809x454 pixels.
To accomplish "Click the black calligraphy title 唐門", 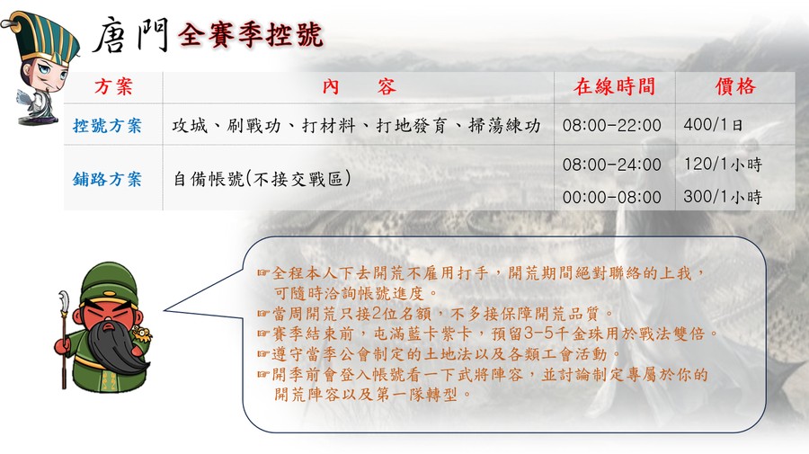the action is coord(131,35).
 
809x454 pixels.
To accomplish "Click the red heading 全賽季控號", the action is coord(250,35).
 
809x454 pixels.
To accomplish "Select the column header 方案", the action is coord(113,86).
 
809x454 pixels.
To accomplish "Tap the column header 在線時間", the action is coord(614,86).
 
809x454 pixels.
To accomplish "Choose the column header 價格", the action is coord(735,86).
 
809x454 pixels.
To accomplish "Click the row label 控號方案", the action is coord(107,125).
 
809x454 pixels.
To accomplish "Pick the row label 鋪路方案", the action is coord(107,179).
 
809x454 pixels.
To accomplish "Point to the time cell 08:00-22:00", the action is coord(612,125).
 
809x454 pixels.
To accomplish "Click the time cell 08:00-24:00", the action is coord(612,165).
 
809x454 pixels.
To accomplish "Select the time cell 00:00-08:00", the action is coord(612,197).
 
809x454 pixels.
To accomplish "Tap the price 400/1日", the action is coord(713,125).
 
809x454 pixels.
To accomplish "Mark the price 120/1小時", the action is coord(723,165).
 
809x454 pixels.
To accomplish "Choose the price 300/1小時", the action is coord(723,197).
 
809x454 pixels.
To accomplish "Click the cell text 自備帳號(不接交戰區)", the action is coord(262,179).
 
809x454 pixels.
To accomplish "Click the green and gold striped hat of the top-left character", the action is coord(46,36).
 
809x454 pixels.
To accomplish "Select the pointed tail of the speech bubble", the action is coord(165,310).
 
